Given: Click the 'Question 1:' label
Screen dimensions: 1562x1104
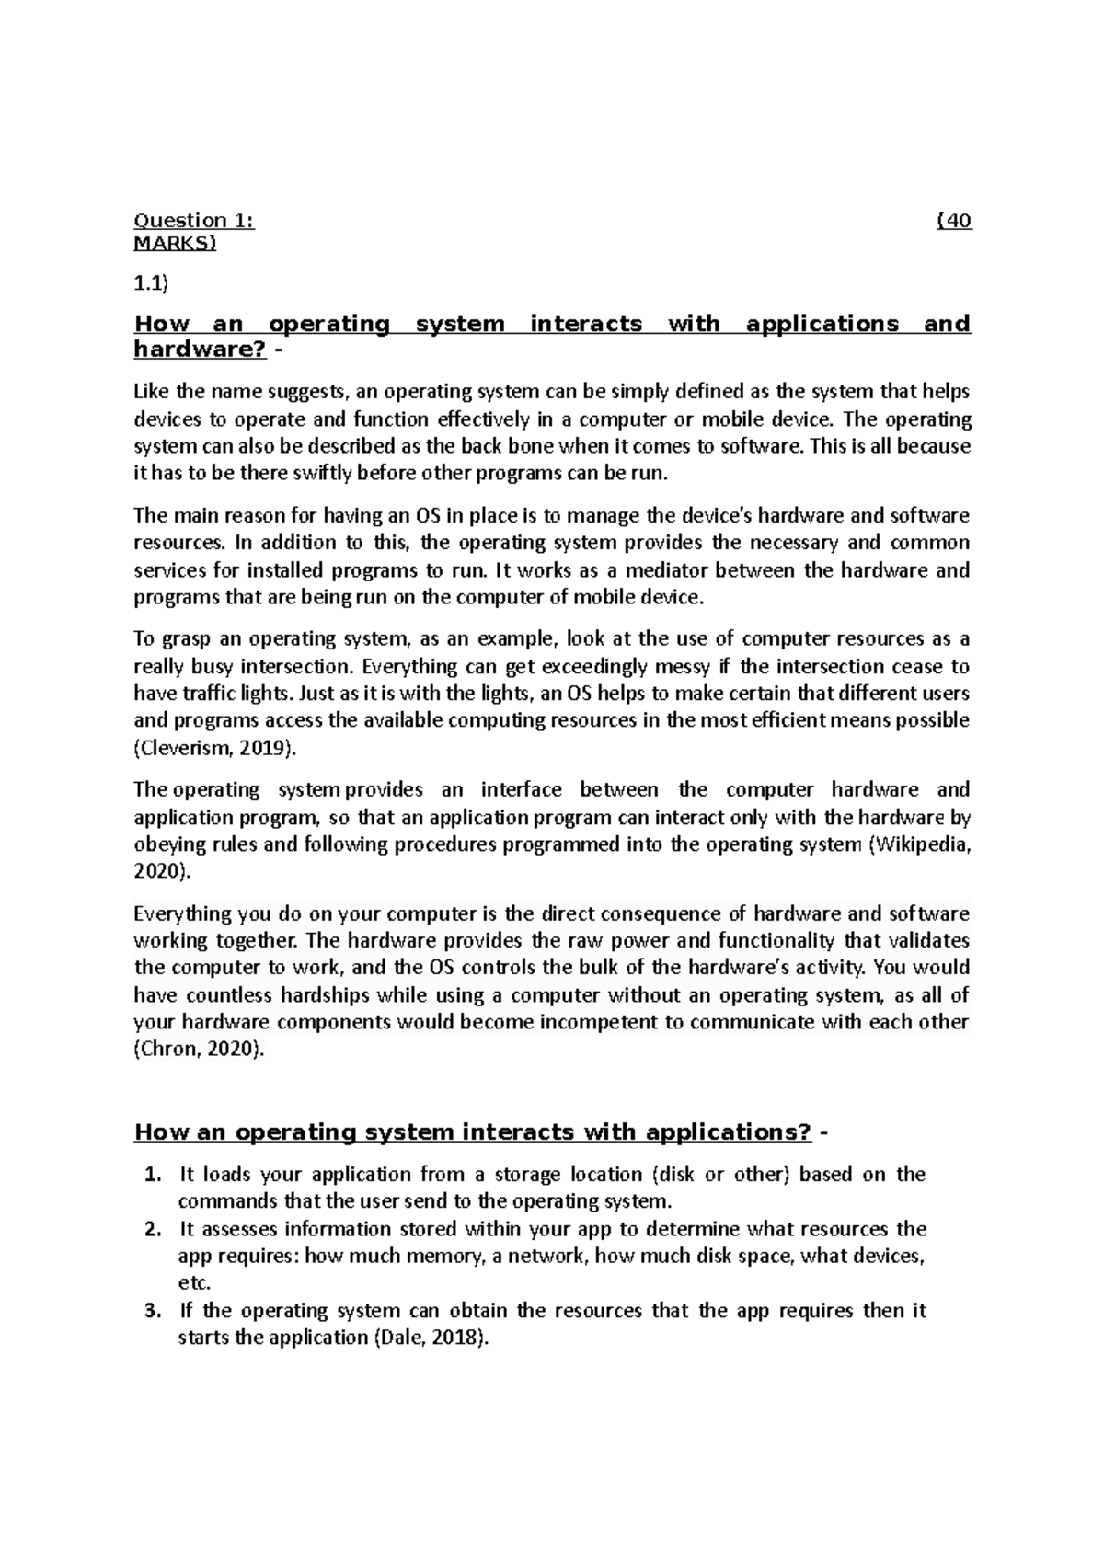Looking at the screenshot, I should pos(193,221).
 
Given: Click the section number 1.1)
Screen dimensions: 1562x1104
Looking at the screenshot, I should pos(152,284).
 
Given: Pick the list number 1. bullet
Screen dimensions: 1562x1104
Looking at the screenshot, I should pos(155,1175).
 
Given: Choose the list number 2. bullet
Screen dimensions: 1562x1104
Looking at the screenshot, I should pos(155,1229).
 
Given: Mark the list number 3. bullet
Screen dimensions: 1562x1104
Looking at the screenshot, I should pos(155,1311).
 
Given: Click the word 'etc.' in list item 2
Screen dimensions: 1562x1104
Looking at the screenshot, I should pos(194,1283).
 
